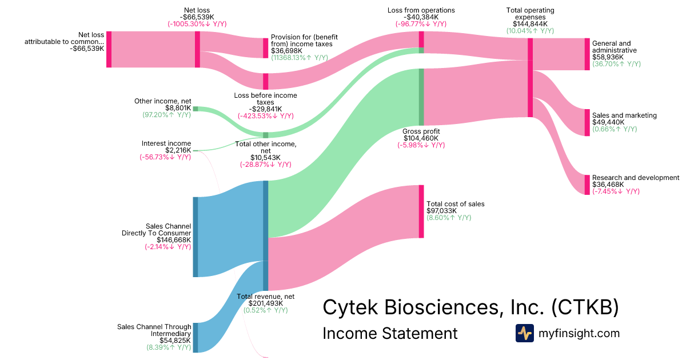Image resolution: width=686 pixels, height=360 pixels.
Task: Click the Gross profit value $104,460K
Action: click(421, 138)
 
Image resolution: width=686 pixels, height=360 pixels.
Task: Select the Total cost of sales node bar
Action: click(421, 211)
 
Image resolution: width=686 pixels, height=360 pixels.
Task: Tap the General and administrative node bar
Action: click(587, 54)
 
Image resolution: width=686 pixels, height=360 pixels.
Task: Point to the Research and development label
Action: click(636, 178)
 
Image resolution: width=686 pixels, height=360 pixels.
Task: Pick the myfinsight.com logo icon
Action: click(524, 333)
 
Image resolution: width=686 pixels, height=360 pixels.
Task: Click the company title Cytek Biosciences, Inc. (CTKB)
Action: click(470, 307)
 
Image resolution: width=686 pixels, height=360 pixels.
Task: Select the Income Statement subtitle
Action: click(390, 333)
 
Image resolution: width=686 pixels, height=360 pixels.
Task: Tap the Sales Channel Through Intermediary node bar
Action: click(196, 337)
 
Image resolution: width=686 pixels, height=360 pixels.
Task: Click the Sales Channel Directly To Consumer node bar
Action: click(196, 237)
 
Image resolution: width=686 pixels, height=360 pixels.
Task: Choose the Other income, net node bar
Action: click(196, 109)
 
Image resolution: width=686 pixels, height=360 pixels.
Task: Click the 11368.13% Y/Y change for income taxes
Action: click(300, 58)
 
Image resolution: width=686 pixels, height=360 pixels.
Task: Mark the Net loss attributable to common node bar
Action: click(109, 50)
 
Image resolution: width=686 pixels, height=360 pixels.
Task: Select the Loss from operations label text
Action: click(421, 10)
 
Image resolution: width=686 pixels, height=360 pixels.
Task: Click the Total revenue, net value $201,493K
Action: click(265, 303)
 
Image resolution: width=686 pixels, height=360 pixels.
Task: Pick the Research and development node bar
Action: click(587, 185)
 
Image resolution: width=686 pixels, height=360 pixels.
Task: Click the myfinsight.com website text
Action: click(579, 333)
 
